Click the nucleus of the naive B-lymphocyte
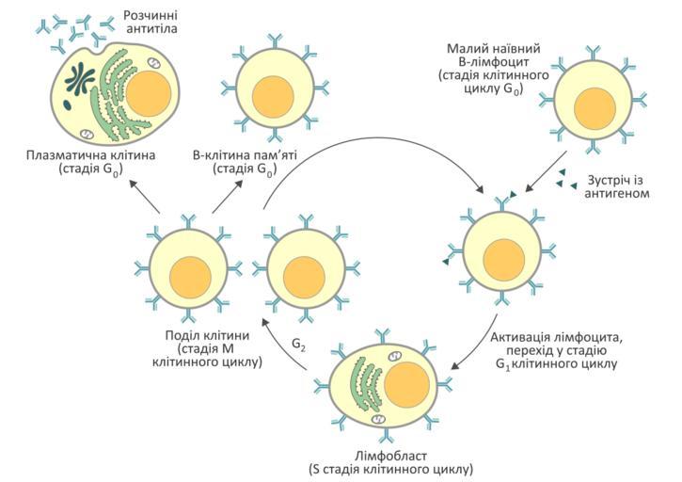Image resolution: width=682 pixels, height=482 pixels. [x=594, y=105]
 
